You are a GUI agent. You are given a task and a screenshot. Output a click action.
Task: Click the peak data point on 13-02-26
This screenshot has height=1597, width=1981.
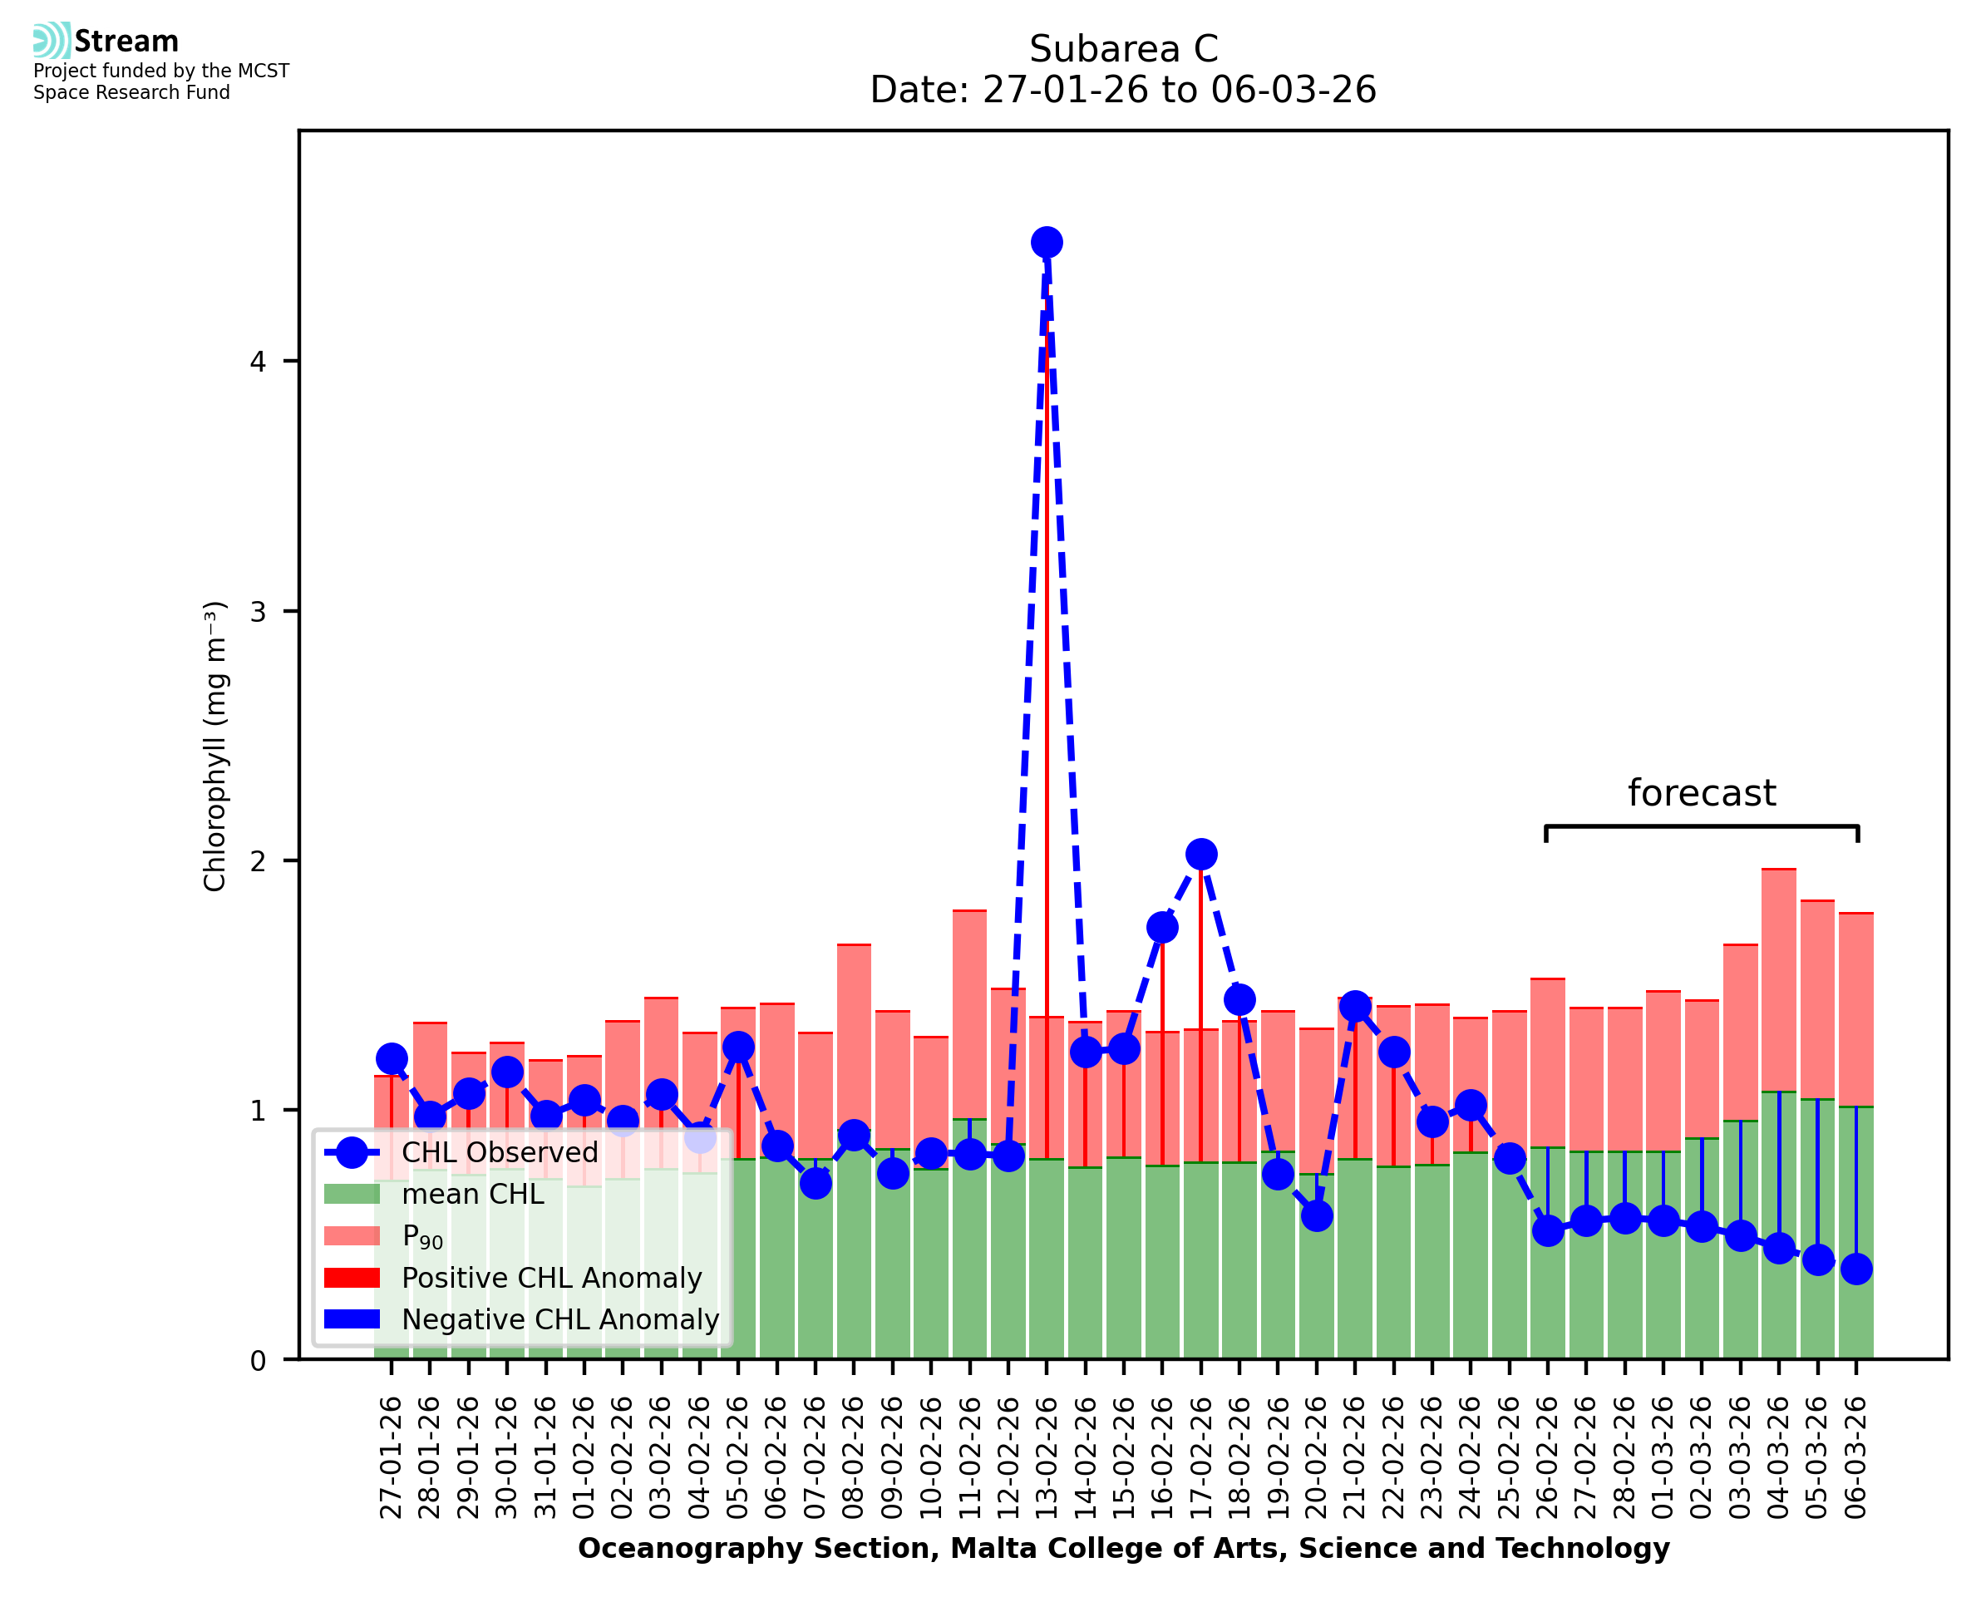click(x=1046, y=243)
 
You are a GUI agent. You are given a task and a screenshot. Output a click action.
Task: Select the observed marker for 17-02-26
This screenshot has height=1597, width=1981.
click(x=1200, y=854)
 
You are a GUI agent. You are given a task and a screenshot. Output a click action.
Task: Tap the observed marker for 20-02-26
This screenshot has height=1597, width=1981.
click(x=1316, y=1216)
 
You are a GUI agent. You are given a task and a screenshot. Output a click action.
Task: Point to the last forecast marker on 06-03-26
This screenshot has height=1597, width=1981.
click(x=1856, y=1269)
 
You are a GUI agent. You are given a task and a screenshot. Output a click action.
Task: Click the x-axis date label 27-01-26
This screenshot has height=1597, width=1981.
click(x=391, y=1458)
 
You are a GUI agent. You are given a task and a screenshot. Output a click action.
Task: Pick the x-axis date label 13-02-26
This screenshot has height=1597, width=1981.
click(x=1046, y=1458)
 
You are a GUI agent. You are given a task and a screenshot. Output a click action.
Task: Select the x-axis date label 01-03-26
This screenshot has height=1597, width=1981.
click(x=1663, y=1458)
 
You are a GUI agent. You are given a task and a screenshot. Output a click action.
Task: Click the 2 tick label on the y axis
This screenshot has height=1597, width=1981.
click(x=258, y=861)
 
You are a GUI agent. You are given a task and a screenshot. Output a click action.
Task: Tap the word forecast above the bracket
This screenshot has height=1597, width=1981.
click(x=1702, y=793)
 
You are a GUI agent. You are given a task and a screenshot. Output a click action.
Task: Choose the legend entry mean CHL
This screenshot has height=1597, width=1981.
click(x=473, y=1194)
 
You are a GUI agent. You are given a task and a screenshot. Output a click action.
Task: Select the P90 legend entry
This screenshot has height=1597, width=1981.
click(x=423, y=1236)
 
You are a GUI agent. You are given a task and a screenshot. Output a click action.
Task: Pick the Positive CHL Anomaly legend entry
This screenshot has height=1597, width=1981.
click(x=552, y=1278)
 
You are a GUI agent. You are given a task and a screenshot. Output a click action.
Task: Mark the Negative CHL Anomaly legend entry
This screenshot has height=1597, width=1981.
click(x=560, y=1319)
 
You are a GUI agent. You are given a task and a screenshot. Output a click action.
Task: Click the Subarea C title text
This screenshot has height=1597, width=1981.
click(x=1123, y=49)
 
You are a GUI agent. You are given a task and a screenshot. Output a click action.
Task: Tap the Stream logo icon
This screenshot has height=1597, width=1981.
click(x=52, y=41)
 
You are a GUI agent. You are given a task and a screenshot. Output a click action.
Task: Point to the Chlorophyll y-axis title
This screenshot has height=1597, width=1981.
click(x=214, y=746)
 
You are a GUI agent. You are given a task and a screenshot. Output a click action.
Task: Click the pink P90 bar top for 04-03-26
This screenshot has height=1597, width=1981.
click(x=1779, y=870)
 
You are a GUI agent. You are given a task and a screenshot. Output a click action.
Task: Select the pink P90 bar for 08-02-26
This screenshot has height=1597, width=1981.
click(x=854, y=1039)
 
